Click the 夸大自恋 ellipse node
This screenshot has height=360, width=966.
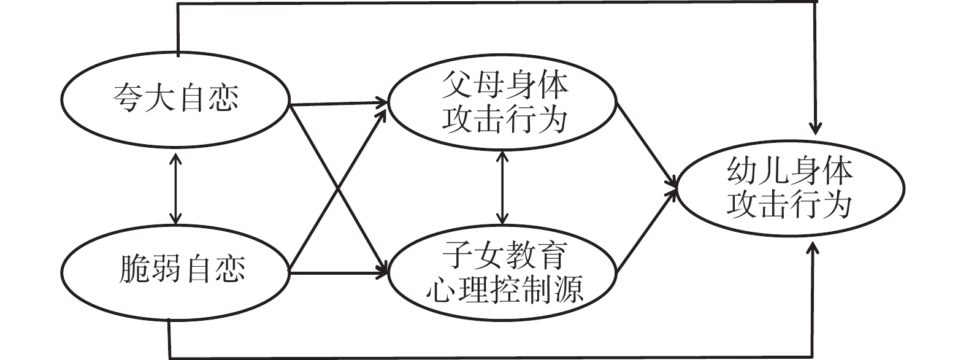(176, 99)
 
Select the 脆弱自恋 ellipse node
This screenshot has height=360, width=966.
(176, 270)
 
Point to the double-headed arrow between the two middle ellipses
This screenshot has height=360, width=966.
(502, 187)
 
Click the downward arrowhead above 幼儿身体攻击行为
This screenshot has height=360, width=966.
(815, 128)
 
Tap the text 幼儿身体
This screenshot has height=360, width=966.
(789, 171)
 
